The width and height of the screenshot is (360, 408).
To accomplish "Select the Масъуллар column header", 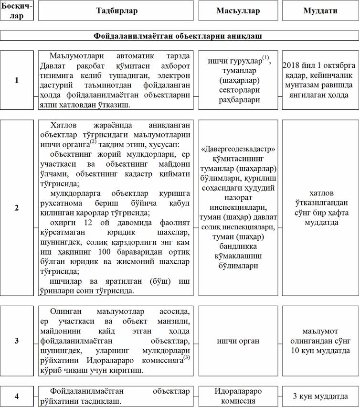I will pyautogui.click(x=238, y=11).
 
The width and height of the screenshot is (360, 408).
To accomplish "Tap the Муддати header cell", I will pyautogui.click(x=319, y=11).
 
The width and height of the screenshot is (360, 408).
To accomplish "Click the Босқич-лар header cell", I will pyautogui.click(x=17, y=11).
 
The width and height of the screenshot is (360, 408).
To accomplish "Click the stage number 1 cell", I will pyautogui.click(x=17, y=80).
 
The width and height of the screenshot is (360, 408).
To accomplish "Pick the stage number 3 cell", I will pyautogui.click(x=17, y=340).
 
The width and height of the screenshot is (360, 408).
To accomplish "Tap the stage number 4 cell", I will pyautogui.click(x=17, y=396).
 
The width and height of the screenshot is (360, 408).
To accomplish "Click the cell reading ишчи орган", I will pyautogui.click(x=238, y=341).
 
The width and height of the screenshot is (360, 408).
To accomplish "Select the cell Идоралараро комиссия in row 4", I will pyautogui.click(x=238, y=396).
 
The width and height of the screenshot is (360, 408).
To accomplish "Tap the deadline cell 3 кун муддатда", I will pyautogui.click(x=319, y=396).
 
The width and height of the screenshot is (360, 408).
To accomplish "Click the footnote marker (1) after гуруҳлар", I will pyautogui.click(x=266, y=58).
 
